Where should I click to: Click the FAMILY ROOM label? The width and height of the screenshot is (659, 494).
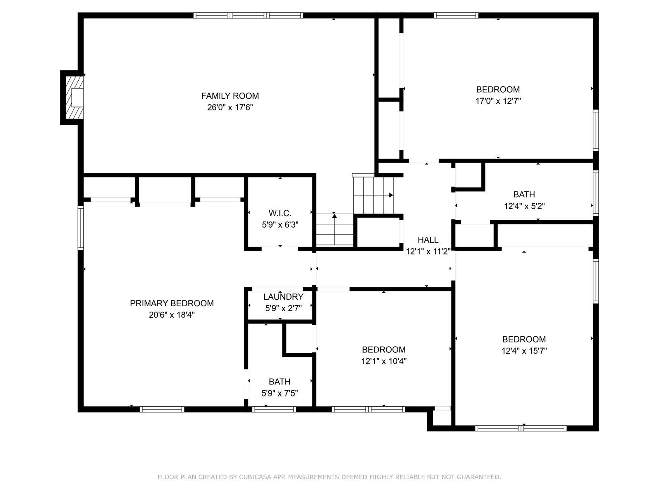pyautogui.click(x=230, y=96)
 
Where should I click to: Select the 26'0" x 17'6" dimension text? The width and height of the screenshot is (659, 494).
pyautogui.click(x=230, y=108)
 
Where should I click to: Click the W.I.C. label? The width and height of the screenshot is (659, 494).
pyautogui.click(x=280, y=213)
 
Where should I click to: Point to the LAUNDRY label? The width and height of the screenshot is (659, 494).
pyautogui.click(x=283, y=297)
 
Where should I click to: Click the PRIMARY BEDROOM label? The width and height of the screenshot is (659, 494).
pyautogui.click(x=172, y=303)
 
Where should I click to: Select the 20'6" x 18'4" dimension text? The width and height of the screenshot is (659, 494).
pyautogui.click(x=172, y=315)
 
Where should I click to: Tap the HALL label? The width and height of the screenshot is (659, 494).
pyautogui.click(x=428, y=240)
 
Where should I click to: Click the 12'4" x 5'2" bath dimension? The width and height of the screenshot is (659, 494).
pyautogui.click(x=524, y=206)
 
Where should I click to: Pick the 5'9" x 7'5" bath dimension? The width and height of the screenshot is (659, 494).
pyautogui.click(x=280, y=393)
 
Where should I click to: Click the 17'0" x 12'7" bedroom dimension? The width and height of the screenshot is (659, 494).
pyautogui.click(x=498, y=101)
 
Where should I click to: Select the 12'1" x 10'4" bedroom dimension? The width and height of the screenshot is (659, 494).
pyautogui.click(x=384, y=361)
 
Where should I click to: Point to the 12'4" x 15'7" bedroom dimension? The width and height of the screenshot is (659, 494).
pyautogui.click(x=524, y=351)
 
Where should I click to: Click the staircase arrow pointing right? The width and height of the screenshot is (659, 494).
pyautogui.click(x=390, y=195)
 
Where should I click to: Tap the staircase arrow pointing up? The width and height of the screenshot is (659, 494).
pyautogui.click(x=334, y=215)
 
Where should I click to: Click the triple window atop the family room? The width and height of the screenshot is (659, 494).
pyautogui.click(x=248, y=16)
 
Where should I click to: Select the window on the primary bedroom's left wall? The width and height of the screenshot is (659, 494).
pyautogui.click(x=81, y=228)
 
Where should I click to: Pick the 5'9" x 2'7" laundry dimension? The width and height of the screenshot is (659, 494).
pyautogui.click(x=283, y=308)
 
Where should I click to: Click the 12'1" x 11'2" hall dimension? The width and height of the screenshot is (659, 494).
pyautogui.click(x=428, y=251)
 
